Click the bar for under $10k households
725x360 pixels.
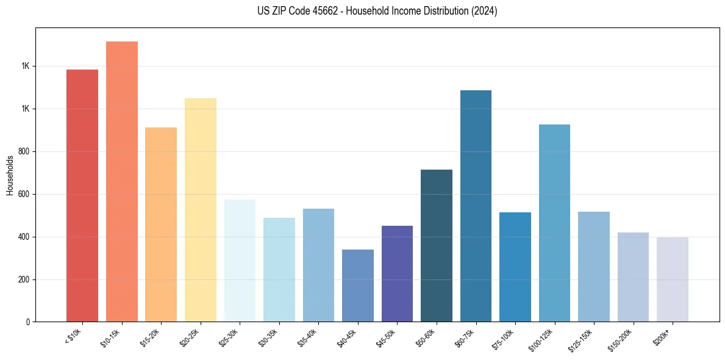click(x=82, y=195)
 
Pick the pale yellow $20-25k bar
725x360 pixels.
click(x=201, y=210)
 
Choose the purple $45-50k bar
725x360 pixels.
click(x=397, y=274)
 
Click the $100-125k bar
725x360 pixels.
click(x=555, y=223)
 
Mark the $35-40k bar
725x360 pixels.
click(x=318, y=265)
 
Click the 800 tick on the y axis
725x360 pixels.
click(x=24, y=151)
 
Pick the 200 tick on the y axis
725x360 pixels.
click(x=24, y=279)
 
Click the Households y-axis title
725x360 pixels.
click(x=10, y=175)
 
